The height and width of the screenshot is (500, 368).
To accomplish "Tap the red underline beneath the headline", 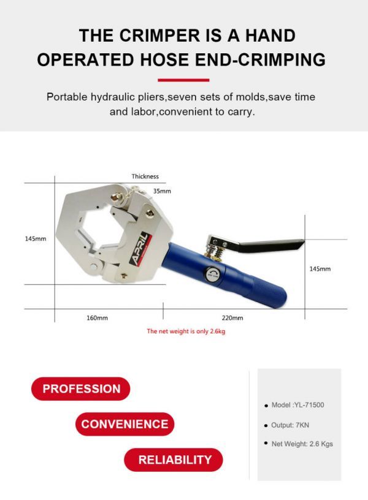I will pos(183,80).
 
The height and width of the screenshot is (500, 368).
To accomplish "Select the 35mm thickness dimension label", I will pos(162,191).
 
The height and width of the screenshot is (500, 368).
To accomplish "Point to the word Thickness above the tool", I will pos(145,176).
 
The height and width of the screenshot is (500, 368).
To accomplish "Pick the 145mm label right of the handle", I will pos(320,268).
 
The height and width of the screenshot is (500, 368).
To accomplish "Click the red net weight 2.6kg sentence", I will pos(190,331).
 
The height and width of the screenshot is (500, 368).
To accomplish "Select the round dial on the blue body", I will pos(212,275).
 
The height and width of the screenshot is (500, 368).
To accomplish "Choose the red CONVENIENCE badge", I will pos(125,424).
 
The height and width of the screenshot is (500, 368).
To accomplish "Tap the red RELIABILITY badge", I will pos(174,460).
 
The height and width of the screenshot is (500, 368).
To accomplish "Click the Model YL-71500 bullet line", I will pos(298,406).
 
